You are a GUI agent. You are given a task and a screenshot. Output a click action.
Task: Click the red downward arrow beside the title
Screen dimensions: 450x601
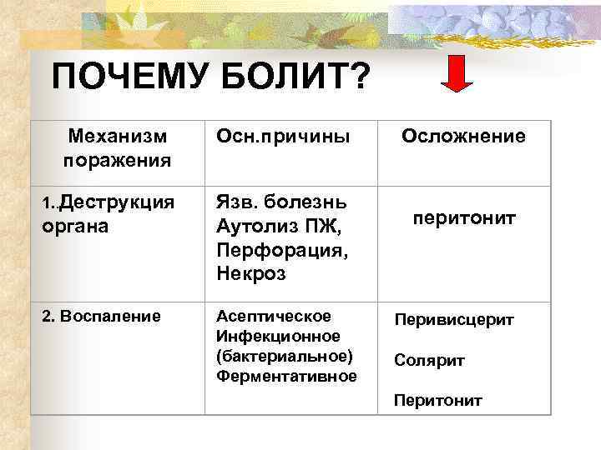coord(457,74)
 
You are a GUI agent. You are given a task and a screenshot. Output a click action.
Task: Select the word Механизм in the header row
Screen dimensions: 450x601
coord(118,136)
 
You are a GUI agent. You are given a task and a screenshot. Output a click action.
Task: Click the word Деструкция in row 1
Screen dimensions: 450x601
coord(118,202)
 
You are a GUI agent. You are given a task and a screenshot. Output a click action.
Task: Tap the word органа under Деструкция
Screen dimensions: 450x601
coord(75,225)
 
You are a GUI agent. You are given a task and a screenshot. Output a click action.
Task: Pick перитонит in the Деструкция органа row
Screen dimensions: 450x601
coord(463,218)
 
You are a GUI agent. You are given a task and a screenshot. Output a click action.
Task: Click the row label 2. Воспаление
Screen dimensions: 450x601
coord(89,317)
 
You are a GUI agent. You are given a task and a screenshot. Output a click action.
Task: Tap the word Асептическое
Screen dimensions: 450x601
coord(273,317)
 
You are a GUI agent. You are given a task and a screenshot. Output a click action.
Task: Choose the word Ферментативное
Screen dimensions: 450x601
coord(286,377)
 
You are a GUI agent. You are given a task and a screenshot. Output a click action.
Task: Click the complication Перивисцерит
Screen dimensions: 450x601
coord(454,320)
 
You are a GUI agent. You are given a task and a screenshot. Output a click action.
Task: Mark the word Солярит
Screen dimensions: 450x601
coord(429,361)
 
